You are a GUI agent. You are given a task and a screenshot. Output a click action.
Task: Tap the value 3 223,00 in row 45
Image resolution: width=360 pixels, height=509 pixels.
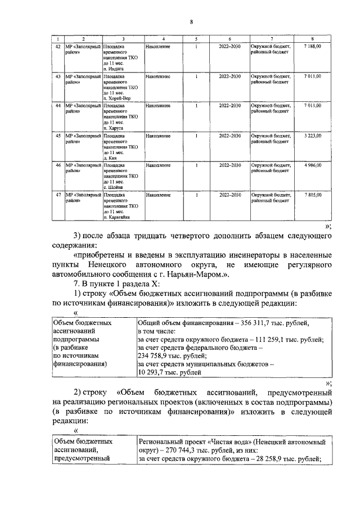click(312, 136)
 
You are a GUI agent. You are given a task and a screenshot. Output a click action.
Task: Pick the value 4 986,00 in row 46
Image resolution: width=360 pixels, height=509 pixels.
click(312, 165)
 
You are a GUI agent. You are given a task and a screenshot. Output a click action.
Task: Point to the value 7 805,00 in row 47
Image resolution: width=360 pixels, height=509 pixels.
click(312, 195)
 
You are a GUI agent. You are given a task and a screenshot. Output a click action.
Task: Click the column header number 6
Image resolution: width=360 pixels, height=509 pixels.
click(229, 38)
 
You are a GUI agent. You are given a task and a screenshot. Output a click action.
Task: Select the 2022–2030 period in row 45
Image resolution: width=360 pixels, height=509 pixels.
click(229, 136)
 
